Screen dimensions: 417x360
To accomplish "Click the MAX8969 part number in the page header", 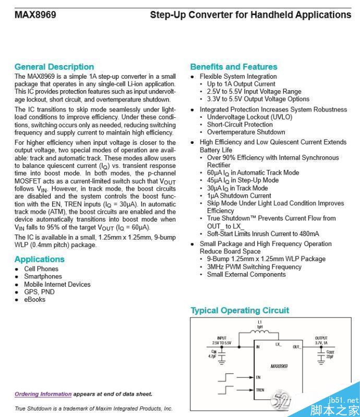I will (x=35, y=15).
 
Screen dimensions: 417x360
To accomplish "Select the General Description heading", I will (x=54, y=67).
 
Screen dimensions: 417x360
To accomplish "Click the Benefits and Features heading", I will (x=234, y=67).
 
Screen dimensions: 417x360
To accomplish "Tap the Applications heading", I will (x=40, y=259).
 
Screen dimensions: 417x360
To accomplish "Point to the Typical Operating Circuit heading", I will (x=239, y=310).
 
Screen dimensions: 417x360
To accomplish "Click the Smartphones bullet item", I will (x=43, y=277).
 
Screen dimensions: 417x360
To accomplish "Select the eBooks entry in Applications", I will (x=34, y=300).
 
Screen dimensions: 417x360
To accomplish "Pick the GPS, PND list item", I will (x=39, y=292).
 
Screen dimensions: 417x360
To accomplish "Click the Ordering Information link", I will (x=43, y=394).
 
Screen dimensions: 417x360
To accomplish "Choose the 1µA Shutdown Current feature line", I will (x=239, y=195).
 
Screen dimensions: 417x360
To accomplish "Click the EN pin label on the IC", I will (x=258, y=377).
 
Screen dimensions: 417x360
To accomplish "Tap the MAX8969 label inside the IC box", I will (x=279, y=366).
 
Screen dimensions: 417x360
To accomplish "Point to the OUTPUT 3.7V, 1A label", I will (x=321, y=340).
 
